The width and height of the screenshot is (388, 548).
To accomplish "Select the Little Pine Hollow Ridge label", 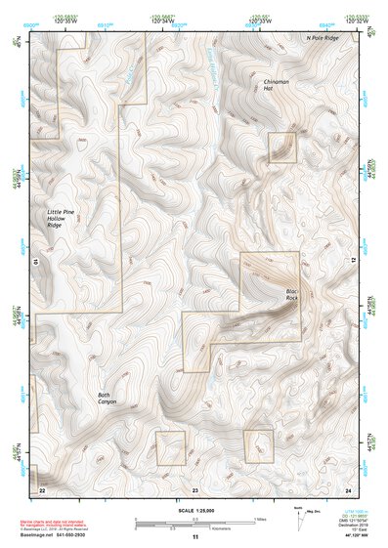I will tap(61, 218).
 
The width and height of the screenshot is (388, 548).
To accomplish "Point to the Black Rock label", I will tap(291, 294).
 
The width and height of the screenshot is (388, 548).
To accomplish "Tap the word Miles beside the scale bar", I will tap(255, 520).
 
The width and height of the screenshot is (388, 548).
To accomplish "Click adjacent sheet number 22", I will tap(42, 487).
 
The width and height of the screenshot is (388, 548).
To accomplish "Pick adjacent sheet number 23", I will tap(194, 487).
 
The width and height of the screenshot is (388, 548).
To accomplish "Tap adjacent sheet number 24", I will tap(348, 487).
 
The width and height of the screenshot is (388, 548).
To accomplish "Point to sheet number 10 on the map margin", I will tap(35, 262).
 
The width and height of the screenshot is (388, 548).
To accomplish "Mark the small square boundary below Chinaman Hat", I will tap(282, 148).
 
